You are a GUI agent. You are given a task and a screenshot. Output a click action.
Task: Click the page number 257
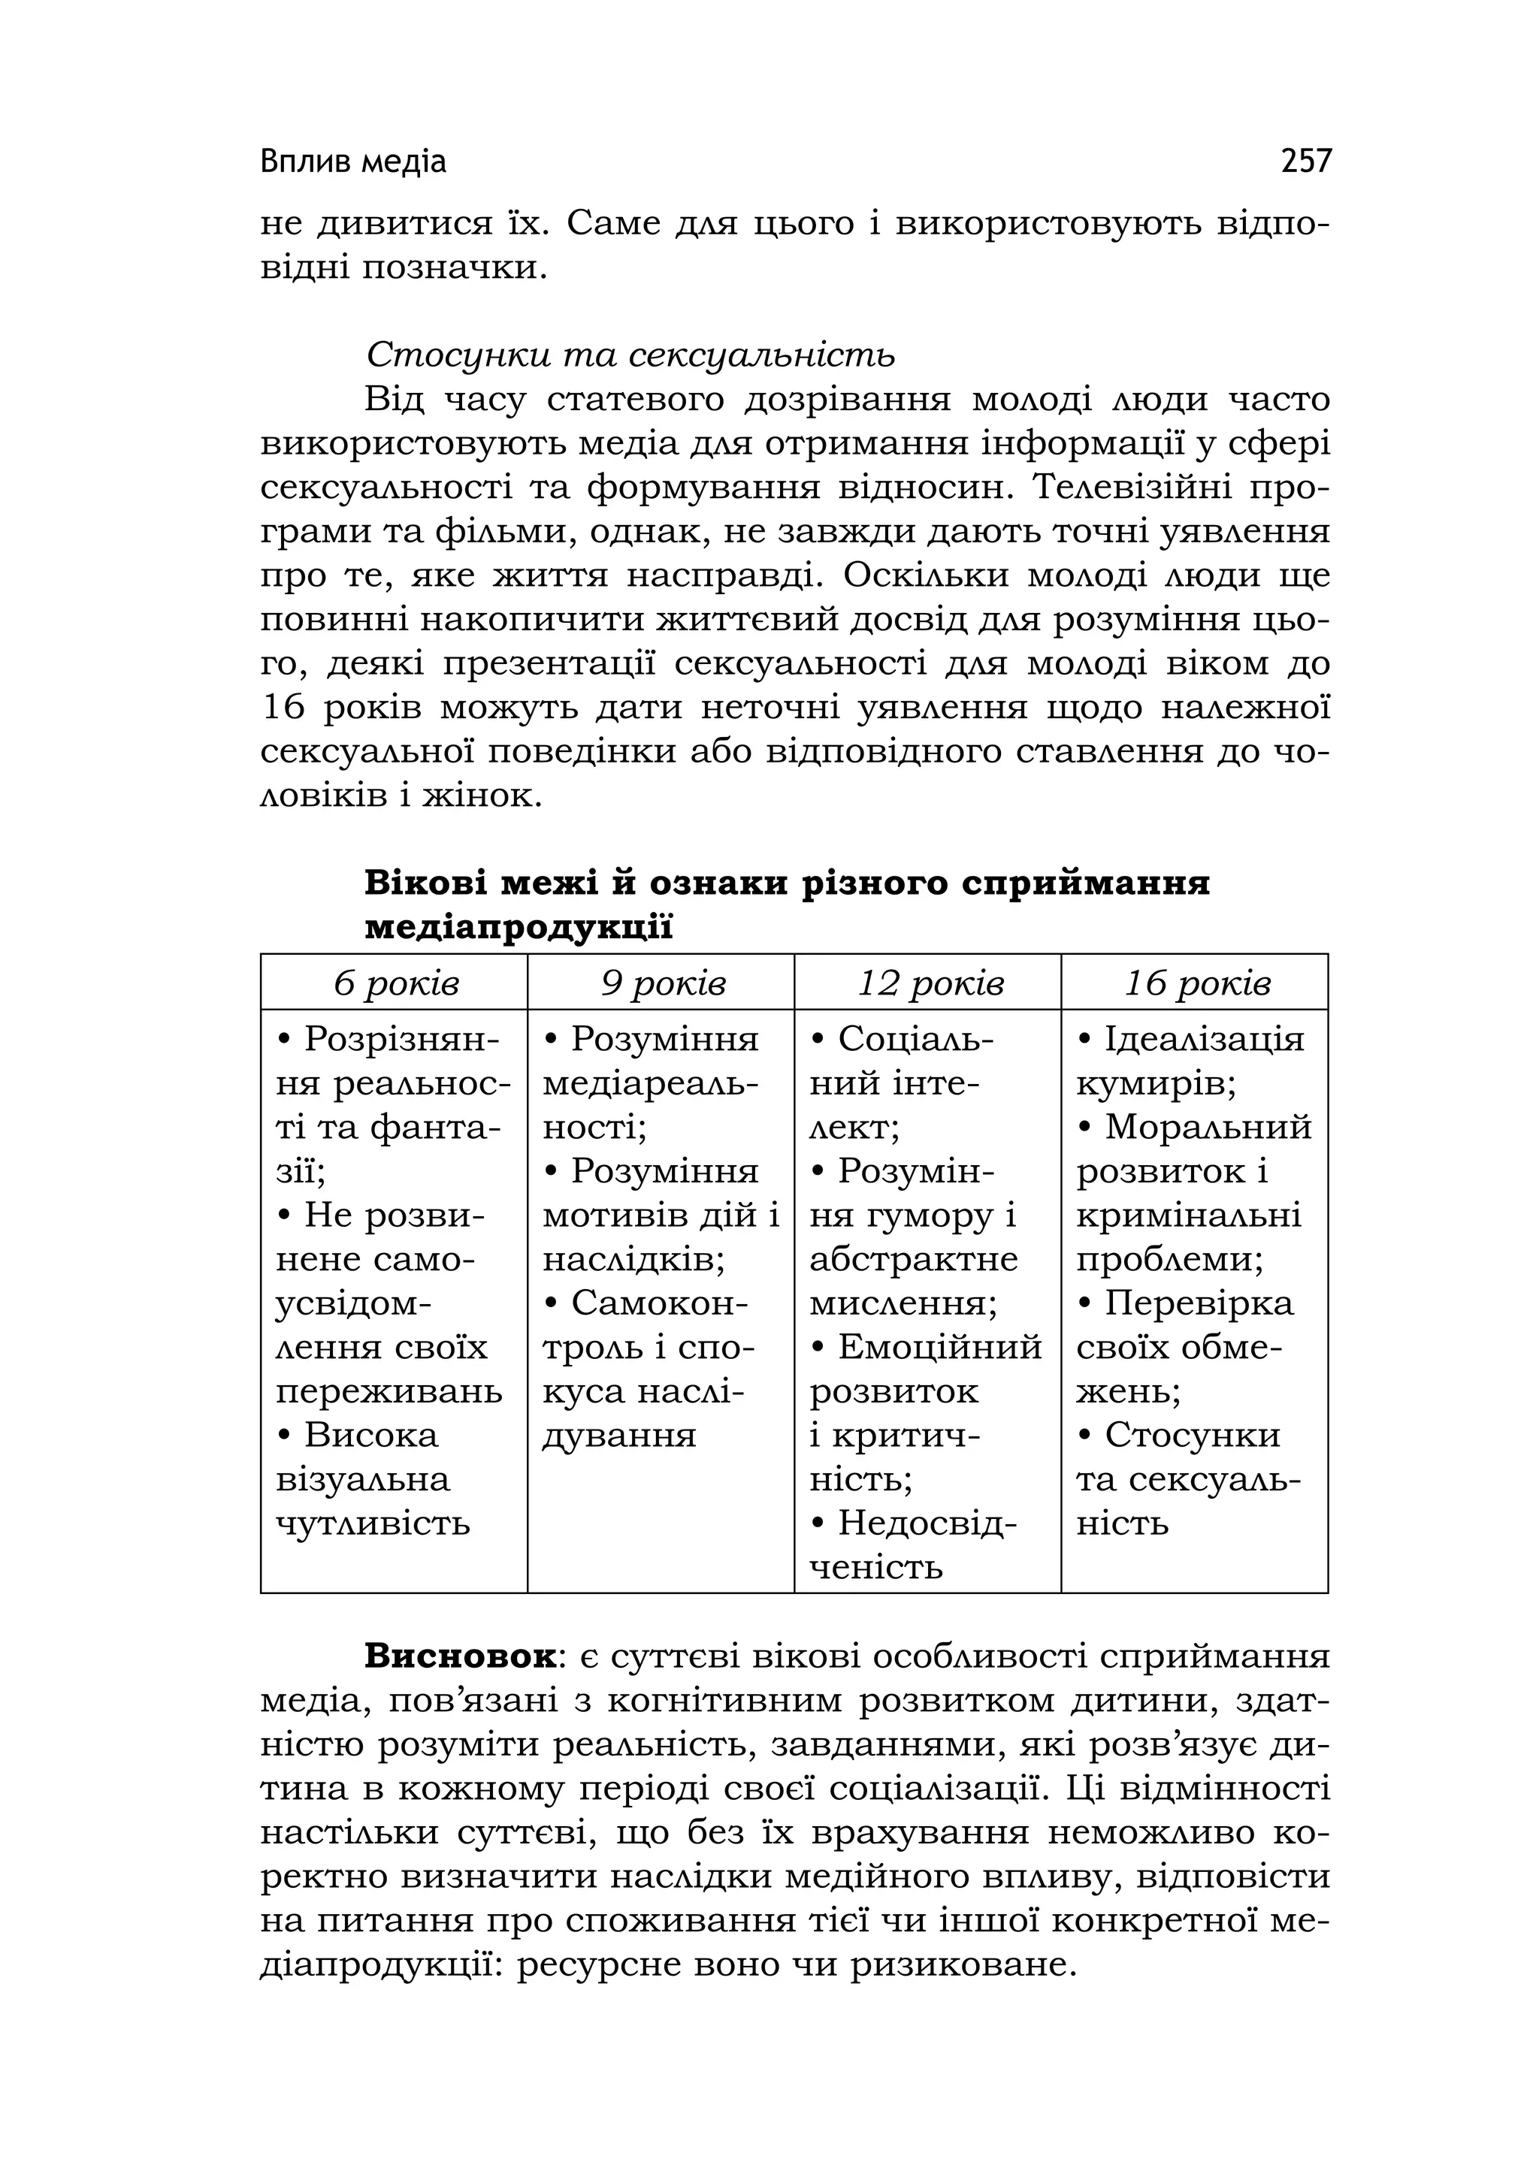pyautogui.click(x=1306, y=162)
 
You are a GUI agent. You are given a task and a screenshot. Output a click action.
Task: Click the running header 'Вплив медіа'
pyautogui.click(x=353, y=162)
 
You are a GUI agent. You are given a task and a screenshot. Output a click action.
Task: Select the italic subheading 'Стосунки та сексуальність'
pyautogui.click(x=630, y=355)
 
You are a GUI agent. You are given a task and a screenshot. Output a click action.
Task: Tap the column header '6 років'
pyautogui.click(x=396, y=983)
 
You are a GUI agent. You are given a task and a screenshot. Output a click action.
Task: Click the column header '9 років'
pyautogui.click(x=662, y=983)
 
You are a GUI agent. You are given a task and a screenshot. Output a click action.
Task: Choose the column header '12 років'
pyautogui.click(x=930, y=983)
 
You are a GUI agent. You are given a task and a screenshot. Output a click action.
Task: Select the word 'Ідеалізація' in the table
pyautogui.click(x=1203, y=1039)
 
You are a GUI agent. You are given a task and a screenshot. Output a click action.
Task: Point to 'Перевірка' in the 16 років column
pyautogui.click(x=1199, y=1303)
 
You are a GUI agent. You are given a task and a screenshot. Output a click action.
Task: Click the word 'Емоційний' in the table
pyautogui.click(x=940, y=1347)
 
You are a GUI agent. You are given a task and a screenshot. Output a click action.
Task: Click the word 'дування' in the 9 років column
pyautogui.click(x=619, y=1435)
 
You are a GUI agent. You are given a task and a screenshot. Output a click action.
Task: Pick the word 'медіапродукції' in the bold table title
pyautogui.click(x=519, y=927)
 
